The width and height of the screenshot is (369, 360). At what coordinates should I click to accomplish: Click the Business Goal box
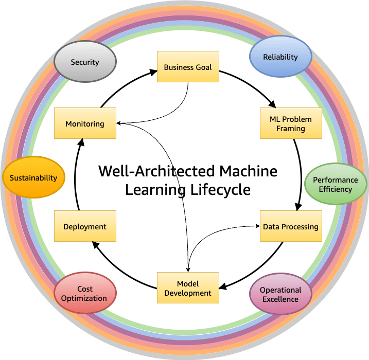point(188,67)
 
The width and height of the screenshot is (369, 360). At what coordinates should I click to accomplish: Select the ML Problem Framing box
point(291,123)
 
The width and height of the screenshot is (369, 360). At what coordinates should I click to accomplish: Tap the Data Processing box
point(291,226)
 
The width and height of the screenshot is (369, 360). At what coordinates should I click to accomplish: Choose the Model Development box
point(188,288)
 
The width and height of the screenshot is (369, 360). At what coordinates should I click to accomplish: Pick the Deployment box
point(85,226)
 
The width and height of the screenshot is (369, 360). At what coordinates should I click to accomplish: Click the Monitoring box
point(85,123)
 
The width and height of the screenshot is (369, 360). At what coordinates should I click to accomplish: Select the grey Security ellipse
point(85,62)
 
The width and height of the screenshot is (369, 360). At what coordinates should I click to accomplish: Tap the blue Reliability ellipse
point(280,57)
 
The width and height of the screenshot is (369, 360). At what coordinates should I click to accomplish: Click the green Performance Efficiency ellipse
point(336,184)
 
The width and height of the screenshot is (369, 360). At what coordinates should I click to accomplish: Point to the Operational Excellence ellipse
point(280,295)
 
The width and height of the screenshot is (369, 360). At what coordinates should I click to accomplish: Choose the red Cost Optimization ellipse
point(85,293)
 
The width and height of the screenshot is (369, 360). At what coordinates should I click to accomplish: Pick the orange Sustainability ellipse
point(33,178)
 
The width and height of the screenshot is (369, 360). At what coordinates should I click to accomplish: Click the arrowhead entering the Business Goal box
point(153,72)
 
